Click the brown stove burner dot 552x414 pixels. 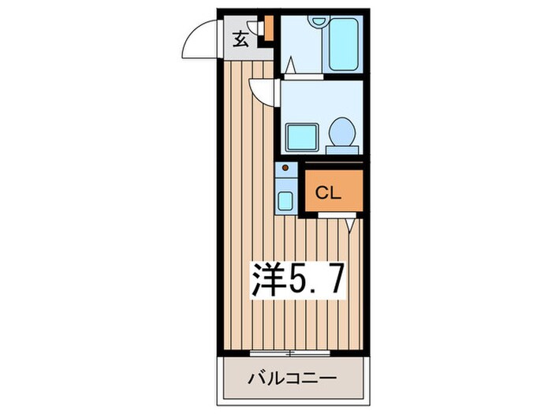tap(285, 168)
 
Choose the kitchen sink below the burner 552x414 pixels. tap(285, 199)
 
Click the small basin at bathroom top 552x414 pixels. tap(319, 21)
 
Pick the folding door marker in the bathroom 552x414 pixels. tap(292, 65)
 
